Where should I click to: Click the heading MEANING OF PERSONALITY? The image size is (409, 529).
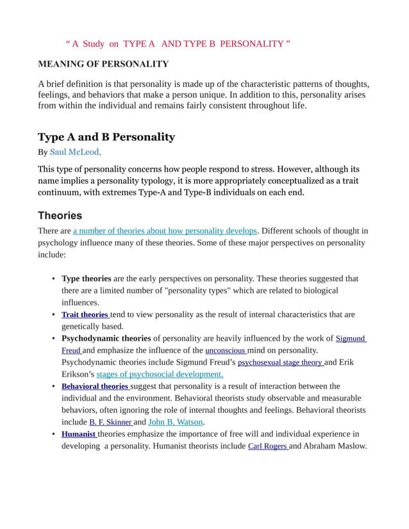pyautogui.click(x=103, y=64)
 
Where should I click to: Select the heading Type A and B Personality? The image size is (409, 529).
pyautogui.click(x=106, y=137)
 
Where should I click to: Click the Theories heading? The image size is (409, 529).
pyautogui.click(x=60, y=215)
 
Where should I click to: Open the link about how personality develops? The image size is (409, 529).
pyautogui.click(x=165, y=231)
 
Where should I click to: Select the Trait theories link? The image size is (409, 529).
pyautogui.click(x=85, y=314)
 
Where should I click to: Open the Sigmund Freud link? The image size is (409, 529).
pyautogui.click(x=350, y=338)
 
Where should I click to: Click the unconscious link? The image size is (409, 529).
pyautogui.click(x=225, y=350)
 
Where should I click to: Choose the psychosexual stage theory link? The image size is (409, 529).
pyautogui.click(x=280, y=362)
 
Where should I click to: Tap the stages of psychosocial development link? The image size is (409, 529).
pyautogui.click(x=160, y=375)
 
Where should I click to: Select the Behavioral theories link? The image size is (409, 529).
pyautogui.click(x=95, y=386)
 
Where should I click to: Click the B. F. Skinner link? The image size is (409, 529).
pyautogui.click(x=110, y=422)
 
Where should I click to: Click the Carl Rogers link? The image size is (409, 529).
pyautogui.click(x=267, y=446)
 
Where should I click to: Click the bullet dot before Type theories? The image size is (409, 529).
pyautogui.click(x=52, y=279)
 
